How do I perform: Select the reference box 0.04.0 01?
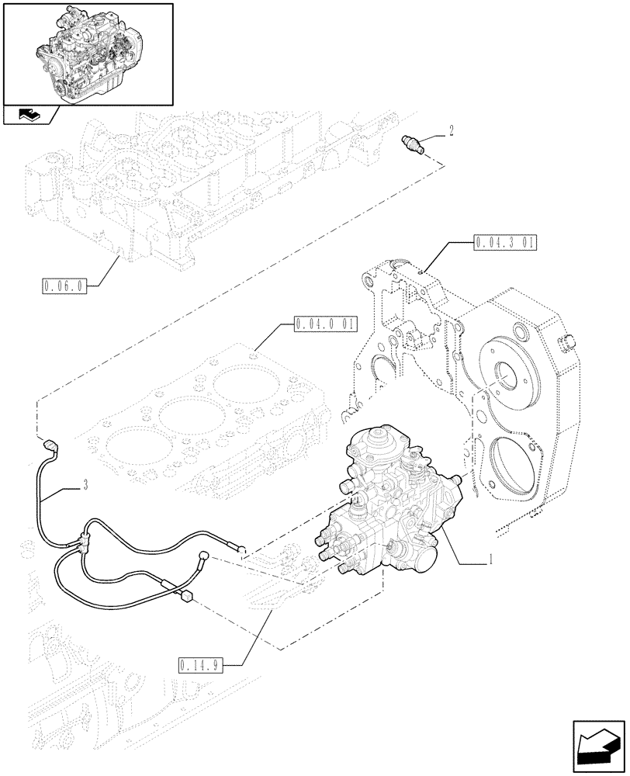coord(324,322)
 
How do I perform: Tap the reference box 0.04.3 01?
coord(505,243)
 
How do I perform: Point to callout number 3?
coord(85,487)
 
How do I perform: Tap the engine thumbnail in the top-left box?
coord(88,52)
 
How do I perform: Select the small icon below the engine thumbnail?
coord(29,116)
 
